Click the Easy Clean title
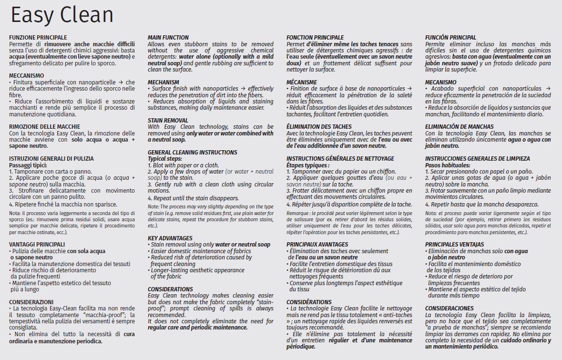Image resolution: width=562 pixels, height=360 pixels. (62, 15)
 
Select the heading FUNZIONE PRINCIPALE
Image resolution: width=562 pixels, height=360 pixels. (38, 37)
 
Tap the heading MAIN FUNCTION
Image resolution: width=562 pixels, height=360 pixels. (168, 37)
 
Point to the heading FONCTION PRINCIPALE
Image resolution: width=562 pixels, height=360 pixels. (315, 37)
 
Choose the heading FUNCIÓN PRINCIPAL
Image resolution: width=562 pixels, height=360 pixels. (450, 37)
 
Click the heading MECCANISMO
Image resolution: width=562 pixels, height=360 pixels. (27, 75)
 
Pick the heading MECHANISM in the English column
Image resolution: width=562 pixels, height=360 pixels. (163, 82)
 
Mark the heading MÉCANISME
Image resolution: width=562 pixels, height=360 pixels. (302, 82)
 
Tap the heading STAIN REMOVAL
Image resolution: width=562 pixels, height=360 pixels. (168, 120)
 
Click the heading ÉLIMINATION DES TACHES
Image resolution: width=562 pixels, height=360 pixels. (319, 126)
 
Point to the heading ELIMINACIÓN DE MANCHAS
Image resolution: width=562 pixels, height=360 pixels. (460, 126)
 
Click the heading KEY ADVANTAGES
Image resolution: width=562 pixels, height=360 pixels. (170, 238)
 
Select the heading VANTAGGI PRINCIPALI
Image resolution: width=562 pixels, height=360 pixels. (37, 244)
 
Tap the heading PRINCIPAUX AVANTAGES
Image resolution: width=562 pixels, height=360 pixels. (317, 244)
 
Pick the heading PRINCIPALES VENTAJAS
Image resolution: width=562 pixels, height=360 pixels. (454, 244)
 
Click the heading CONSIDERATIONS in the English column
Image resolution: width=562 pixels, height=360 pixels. (170, 289)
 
